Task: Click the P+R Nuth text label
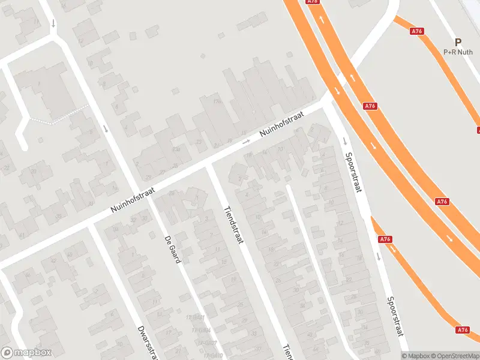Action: (x=458, y=52)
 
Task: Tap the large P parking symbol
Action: (x=458, y=43)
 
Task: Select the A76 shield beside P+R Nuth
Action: (x=418, y=31)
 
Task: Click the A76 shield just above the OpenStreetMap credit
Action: (x=462, y=329)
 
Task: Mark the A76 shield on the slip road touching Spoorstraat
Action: (x=385, y=239)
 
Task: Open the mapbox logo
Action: (x=26, y=353)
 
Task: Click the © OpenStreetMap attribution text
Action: (x=453, y=355)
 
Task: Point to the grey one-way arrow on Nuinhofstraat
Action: (x=246, y=142)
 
